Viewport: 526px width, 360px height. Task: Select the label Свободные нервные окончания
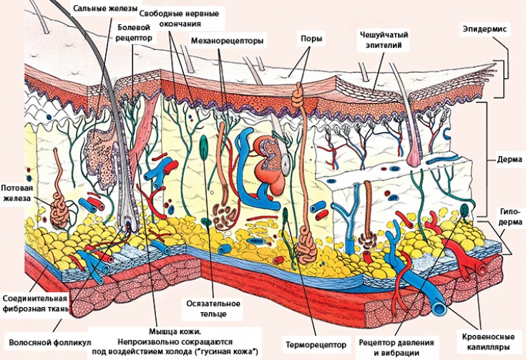[x=179, y=18]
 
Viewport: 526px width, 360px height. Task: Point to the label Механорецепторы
[x=227, y=42]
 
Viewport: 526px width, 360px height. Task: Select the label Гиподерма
[x=510, y=217]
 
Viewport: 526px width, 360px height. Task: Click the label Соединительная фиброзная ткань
[x=36, y=303]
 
